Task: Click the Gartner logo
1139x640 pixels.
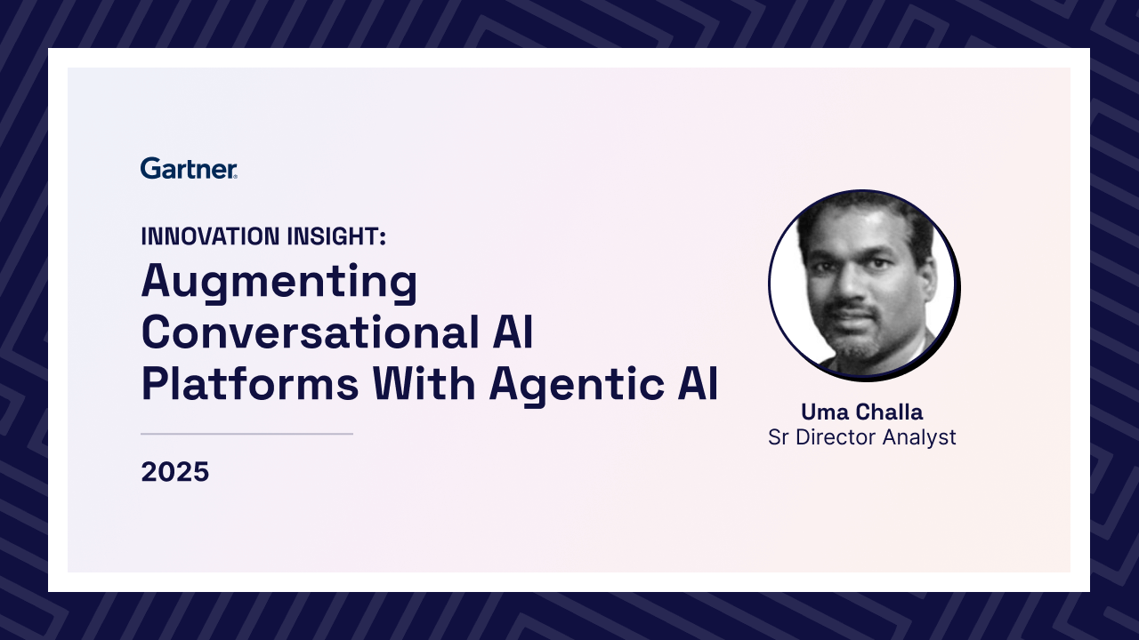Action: tap(189, 168)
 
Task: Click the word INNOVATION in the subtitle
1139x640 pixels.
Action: tap(210, 236)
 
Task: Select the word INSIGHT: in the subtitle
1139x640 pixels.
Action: tap(336, 236)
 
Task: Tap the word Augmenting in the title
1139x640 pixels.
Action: tap(279, 283)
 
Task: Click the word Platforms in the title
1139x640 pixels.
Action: tap(250, 383)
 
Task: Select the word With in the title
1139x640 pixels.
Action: tap(424, 383)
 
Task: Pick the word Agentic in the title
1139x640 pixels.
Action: tap(577, 386)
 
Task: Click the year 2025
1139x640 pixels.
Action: tap(175, 472)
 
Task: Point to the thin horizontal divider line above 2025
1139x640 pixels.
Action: tap(246, 434)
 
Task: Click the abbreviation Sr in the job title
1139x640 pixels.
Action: tap(779, 437)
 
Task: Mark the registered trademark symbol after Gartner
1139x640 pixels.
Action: tap(235, 177)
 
